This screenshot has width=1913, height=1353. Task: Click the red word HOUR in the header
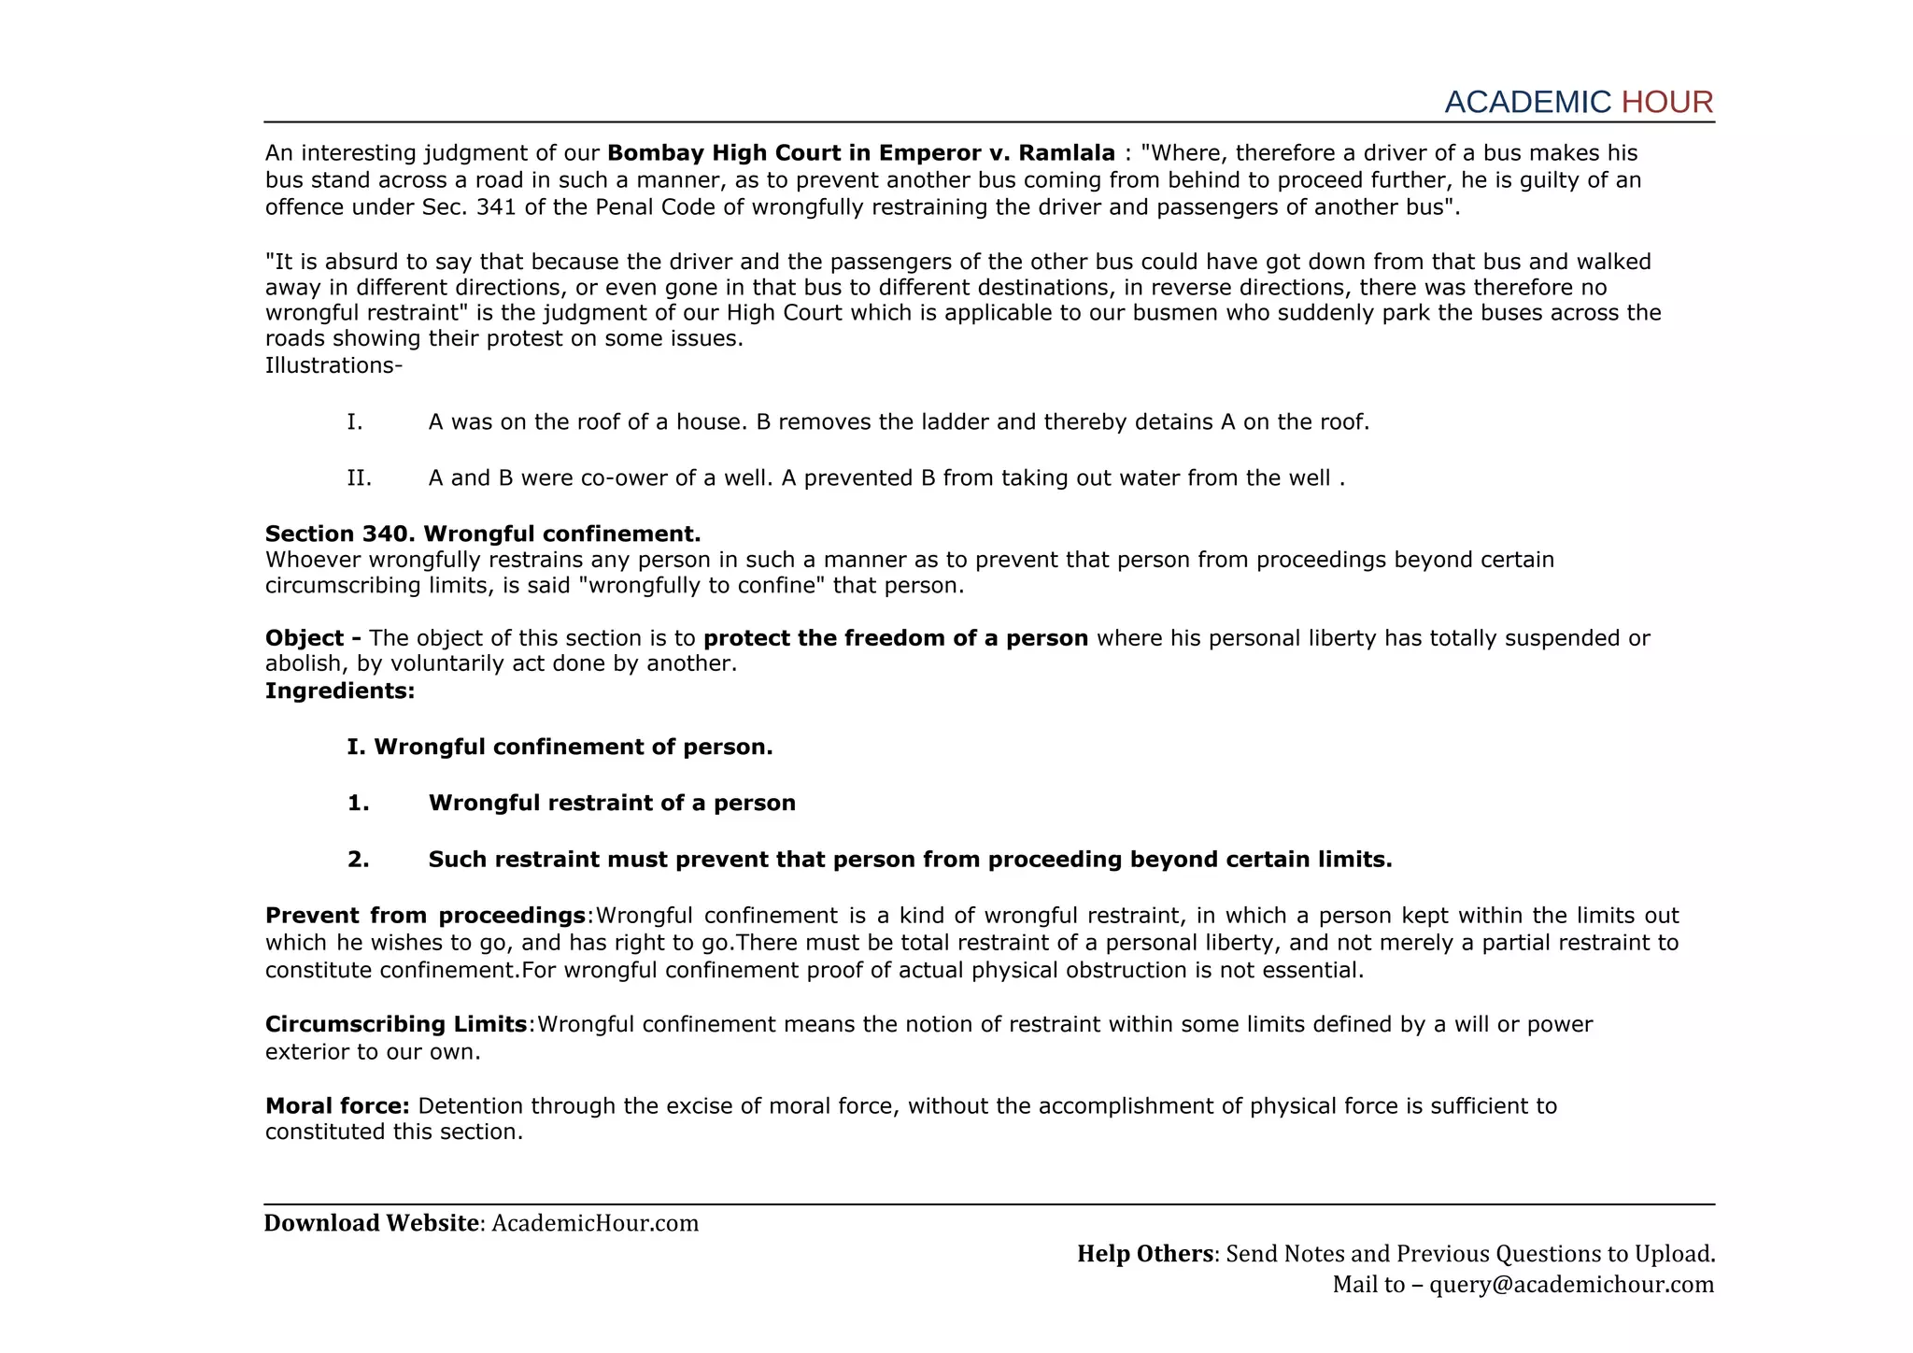coord(1666,102)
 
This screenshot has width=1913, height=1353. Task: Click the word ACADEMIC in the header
coord(1527,102)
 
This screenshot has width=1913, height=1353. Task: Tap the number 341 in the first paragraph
coord(497,207)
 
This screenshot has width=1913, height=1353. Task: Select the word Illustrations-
coord(333,365)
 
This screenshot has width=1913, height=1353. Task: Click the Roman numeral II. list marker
coord(359,478)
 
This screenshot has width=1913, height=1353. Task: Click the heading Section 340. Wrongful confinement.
coord(482,534)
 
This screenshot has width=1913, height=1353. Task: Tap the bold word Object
coord(305,638)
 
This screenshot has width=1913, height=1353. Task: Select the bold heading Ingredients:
coord(340,691)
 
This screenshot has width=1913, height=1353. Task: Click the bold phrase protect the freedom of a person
coord(895,638)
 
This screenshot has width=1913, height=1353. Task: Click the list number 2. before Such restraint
coord(359,860)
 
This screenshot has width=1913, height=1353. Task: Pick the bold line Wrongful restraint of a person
coord(611,804)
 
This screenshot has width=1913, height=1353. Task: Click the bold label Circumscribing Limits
coord(396,1025)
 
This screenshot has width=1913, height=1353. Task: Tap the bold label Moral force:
coord(337,1106)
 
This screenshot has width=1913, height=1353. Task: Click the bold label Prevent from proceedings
coord(425,916)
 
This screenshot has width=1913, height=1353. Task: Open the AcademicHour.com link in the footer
coord(595,1223)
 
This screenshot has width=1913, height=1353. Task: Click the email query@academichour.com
coord(1571,1285)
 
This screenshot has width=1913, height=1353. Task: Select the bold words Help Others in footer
coord(1144,1254)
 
